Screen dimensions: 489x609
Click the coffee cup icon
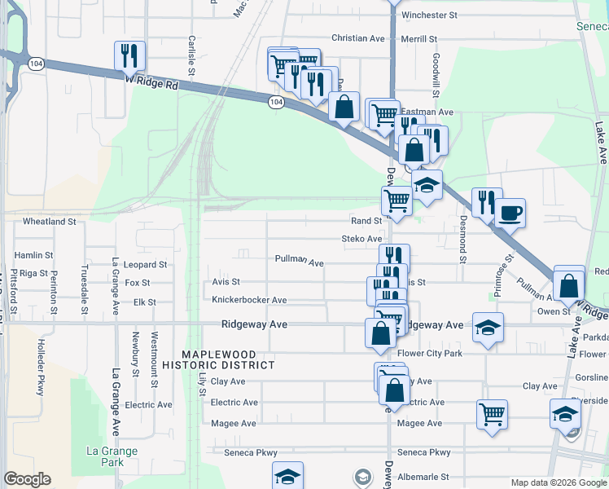510,214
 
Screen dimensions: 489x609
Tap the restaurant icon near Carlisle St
129,55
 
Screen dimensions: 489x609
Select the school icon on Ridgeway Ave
488,328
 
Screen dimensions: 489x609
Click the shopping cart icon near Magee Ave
492,414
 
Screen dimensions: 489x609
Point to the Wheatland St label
49,221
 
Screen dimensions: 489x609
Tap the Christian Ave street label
357,38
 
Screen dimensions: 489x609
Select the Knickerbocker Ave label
249,300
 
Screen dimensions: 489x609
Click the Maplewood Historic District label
218,359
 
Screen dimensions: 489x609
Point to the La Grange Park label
112,456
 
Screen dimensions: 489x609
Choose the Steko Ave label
361,239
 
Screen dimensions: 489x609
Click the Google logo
27,479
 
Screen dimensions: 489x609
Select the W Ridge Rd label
151,82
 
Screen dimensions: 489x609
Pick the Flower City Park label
431,354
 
